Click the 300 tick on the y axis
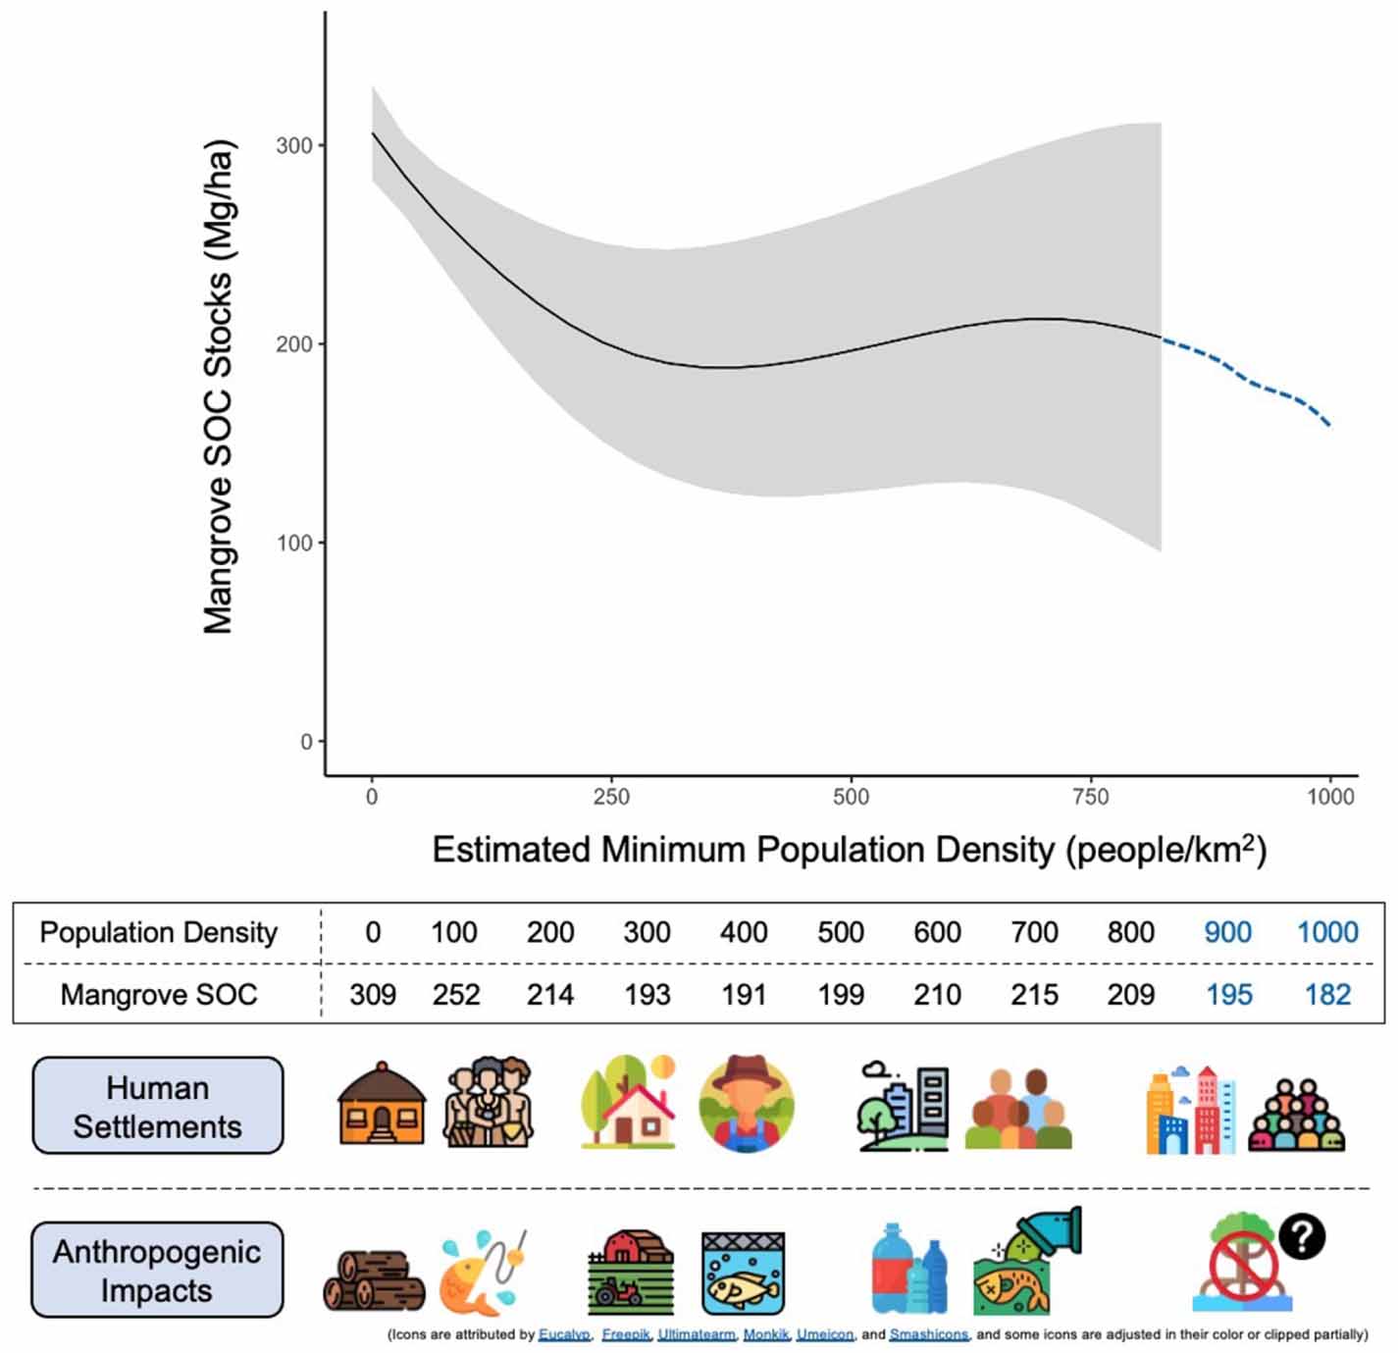pos(293,145)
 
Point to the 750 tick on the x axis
pos(1090,797)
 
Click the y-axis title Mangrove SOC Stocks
pos(218,387)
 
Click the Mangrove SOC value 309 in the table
pos(373,995)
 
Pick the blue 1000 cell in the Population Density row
pos(1327,932)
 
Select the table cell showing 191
pos(743,995)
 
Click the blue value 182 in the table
pos(1327,995)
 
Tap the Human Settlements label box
pos(158,1106)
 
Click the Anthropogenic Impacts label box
pos(157,1271)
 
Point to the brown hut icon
pos(382,1104)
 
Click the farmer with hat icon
pos(746,1103)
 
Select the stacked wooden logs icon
pos(374,1279)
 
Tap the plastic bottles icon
pos(909,1270)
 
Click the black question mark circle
pos(1301,1237)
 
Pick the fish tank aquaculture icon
pos(743,1273)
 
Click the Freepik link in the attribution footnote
pos(625,1334)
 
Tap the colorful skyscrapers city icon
pos(1190,1110)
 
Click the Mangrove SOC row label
pos(159,995)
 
